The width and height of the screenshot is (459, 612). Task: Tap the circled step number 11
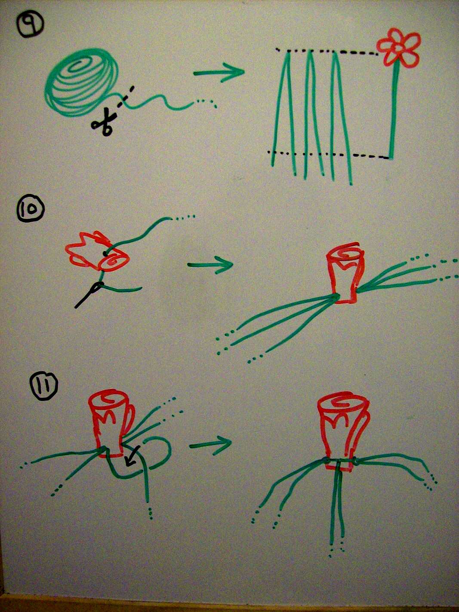point(44,386)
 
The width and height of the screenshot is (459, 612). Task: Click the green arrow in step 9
point(219,73)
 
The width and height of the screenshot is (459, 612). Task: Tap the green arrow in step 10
point(210,265)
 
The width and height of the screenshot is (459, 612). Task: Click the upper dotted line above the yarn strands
point(327,52)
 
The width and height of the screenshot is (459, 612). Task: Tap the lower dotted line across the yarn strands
point(328,154)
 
